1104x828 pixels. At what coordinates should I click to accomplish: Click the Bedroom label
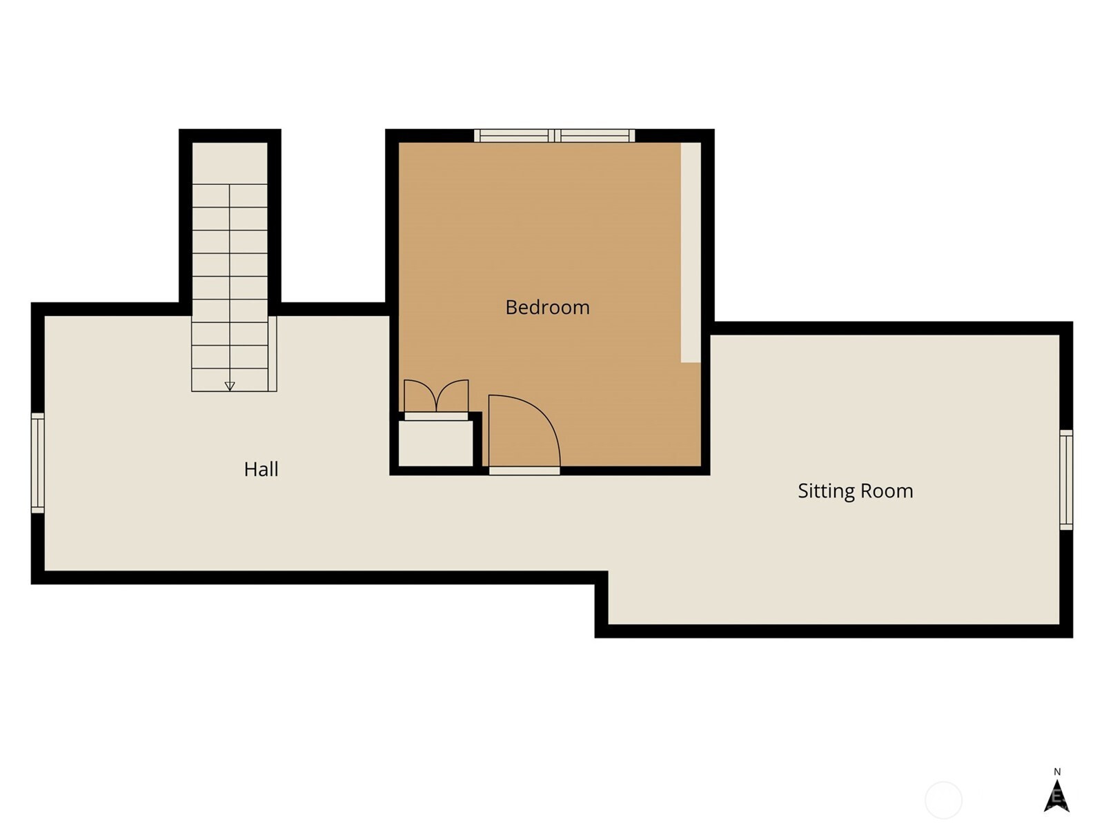pos(547,307)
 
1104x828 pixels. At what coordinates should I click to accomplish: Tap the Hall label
pos(261,469)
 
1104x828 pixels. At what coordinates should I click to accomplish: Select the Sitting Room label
pos(855,491)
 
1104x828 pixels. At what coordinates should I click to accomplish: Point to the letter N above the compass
pos(1057,771)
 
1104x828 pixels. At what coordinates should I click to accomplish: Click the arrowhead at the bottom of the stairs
pos(230,386)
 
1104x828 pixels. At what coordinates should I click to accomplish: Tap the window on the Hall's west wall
pos(38,463)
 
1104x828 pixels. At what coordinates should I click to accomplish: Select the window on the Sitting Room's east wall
pos(1066,480)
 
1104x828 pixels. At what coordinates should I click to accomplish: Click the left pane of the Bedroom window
pos(515,136)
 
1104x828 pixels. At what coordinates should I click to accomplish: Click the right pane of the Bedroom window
pos(595,136)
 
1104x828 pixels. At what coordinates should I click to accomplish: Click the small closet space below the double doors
pos(435,444)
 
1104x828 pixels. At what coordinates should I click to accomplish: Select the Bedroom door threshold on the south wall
pos(524,471)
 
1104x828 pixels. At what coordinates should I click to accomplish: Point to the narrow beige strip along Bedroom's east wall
pos(691,252)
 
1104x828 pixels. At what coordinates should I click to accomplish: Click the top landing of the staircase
pos(230,164)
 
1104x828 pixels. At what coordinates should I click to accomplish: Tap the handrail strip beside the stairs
pos(272,353)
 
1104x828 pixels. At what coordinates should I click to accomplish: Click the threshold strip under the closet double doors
pos(437,417)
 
